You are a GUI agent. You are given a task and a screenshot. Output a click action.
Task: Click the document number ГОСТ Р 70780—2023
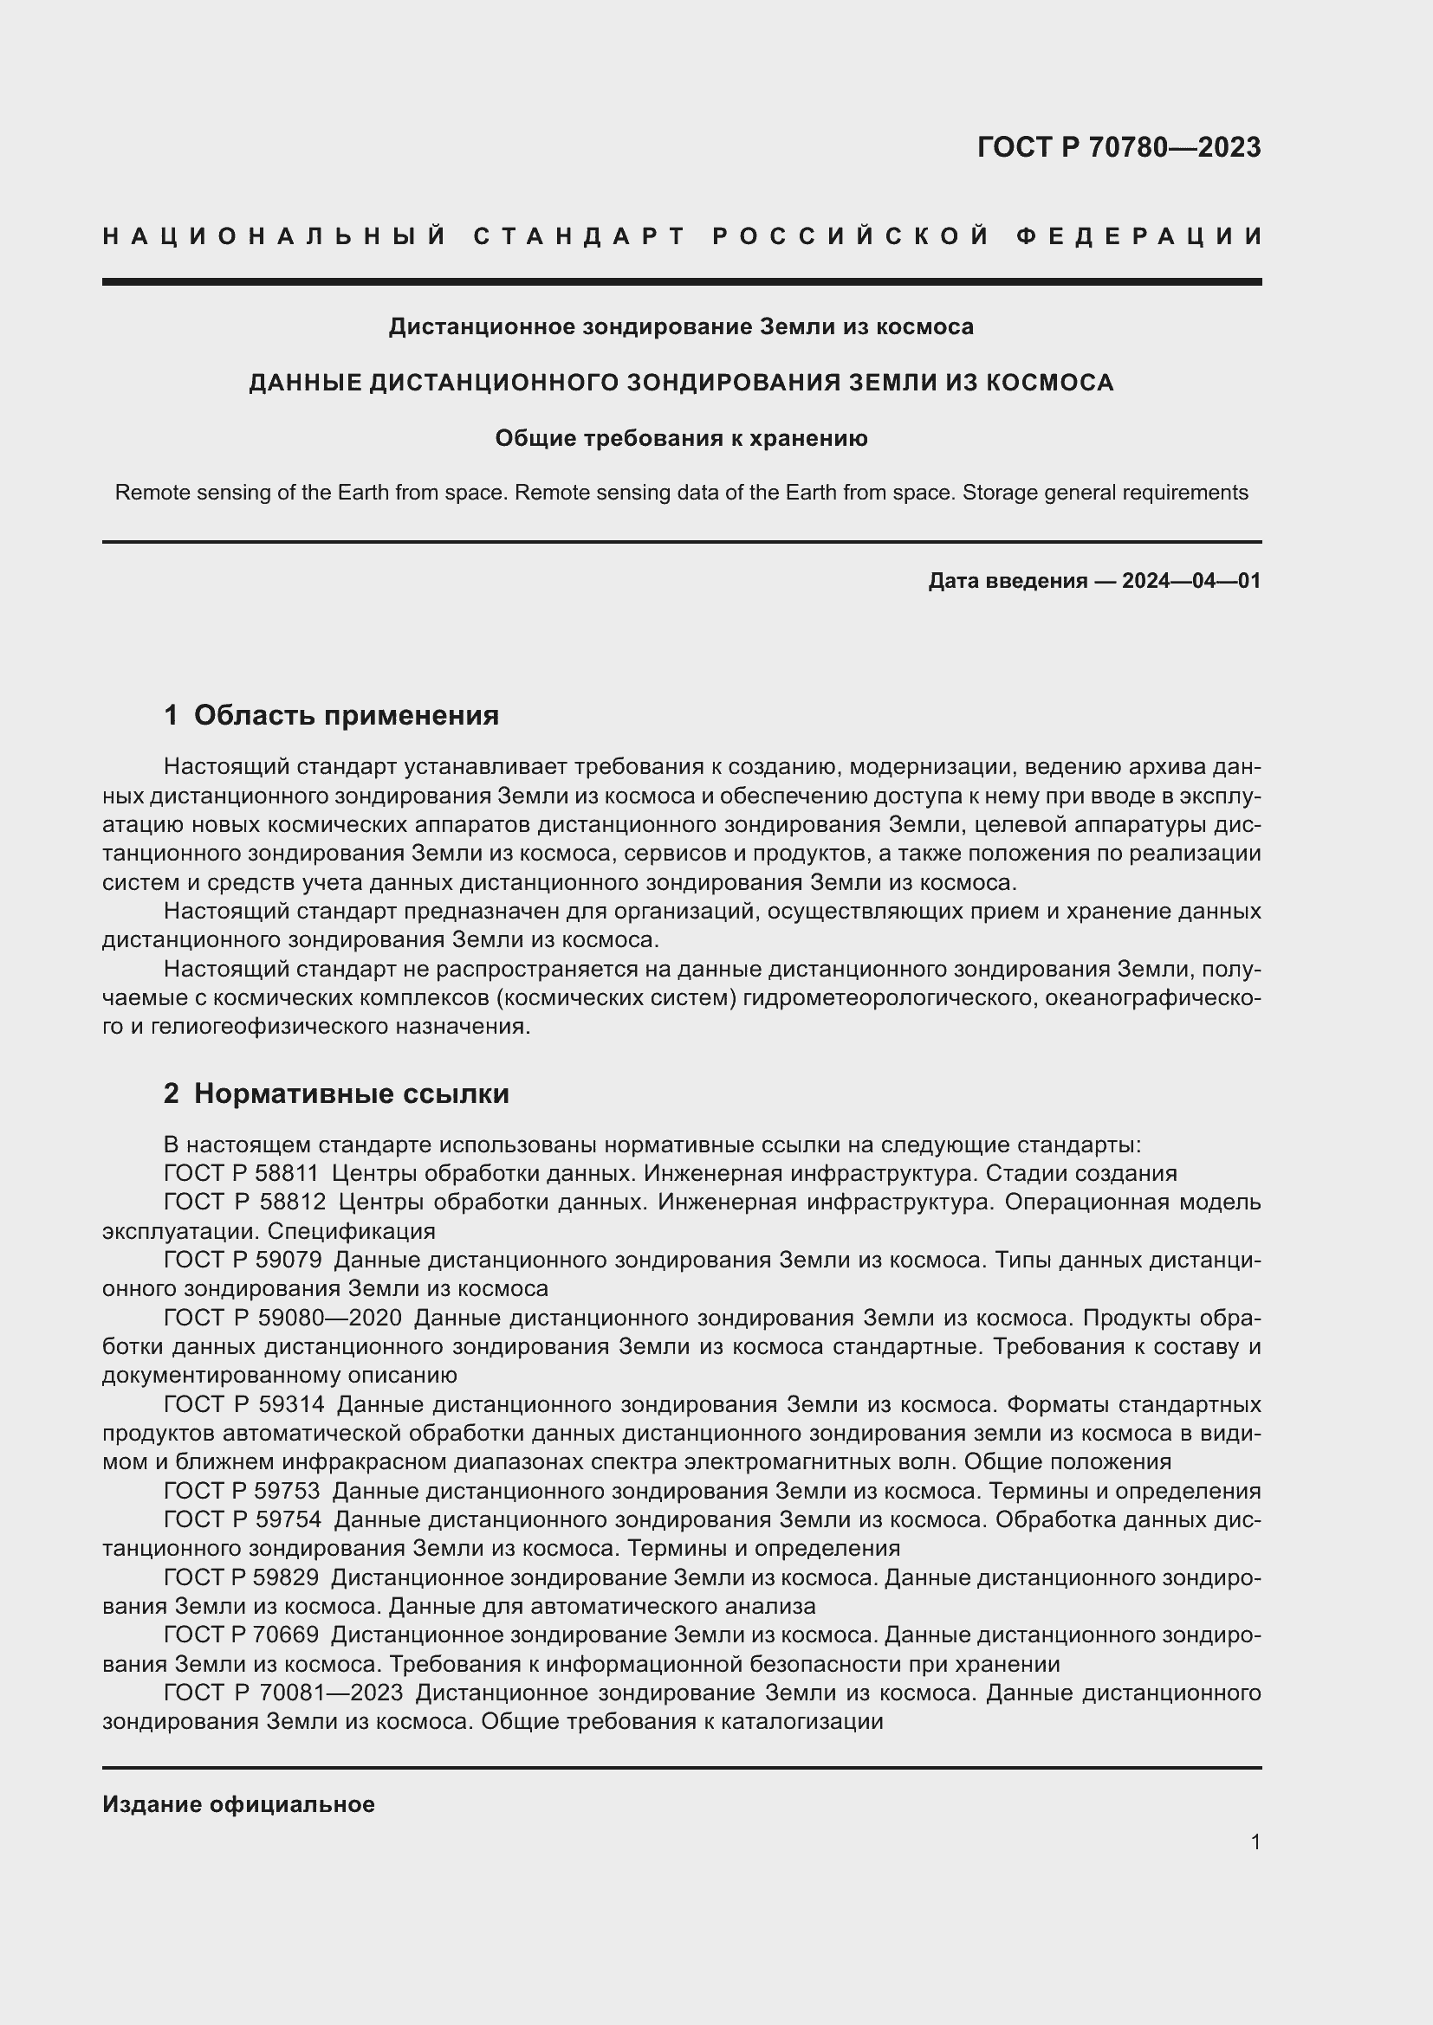click(x=1118, y=147)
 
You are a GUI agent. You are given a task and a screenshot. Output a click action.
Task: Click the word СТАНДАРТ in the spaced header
click(x=580, y=236)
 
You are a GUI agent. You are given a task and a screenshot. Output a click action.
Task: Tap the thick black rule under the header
click(x=681, y=282)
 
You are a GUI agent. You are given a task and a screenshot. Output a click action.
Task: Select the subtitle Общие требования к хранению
click(x=681, y=438)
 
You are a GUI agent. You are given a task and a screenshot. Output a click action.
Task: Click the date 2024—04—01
click(x=1191, y=581)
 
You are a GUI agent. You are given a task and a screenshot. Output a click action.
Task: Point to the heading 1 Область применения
click(x=331, y=715)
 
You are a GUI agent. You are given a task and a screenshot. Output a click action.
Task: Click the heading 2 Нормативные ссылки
click(x=336, y=1093)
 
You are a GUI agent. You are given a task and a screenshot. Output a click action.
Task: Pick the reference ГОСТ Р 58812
click(x=244, y=1203)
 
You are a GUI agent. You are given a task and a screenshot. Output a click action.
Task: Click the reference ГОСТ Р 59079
click(x=242, y=1261)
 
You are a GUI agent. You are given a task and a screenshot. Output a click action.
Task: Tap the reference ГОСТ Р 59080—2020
click(x=282, y=1318)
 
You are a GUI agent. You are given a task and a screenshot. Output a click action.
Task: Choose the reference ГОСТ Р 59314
click(x=243, y=1404)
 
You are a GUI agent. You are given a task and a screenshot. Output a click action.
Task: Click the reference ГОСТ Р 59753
click(x=242, y=1492)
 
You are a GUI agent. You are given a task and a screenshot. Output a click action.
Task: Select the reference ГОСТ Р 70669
click(x=241, y=1635)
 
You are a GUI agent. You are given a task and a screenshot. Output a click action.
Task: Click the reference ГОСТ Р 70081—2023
click(x=283, y=1693)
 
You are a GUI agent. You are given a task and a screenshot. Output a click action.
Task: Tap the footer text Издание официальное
click(x=238, y=1804)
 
